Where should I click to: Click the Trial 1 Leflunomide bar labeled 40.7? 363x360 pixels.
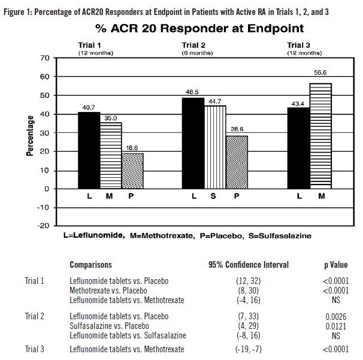click(89, 150)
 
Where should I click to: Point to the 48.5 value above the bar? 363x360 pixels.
click(193, 92)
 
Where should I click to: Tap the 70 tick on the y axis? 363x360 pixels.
click(44, 58)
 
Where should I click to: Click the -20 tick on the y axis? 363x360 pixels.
click(42, 226)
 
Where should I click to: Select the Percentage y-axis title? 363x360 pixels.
click(29, 136)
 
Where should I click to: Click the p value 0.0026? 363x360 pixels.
click(332, 316)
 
